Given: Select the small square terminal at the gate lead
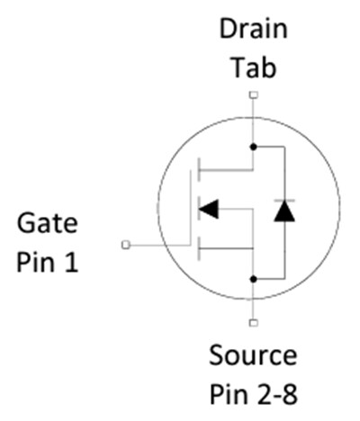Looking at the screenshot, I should [x=125, y=244].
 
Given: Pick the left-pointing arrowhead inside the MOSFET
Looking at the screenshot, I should [x=208, y=209].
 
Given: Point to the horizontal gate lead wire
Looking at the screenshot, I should [x=157, y=244].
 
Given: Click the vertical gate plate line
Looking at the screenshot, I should [x=190, y=209].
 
